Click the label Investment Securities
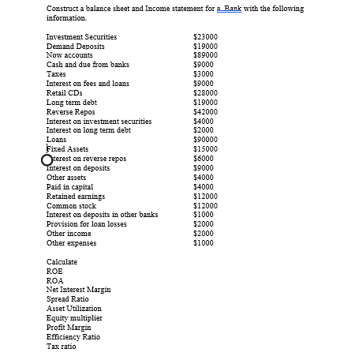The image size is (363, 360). tap(81, 37)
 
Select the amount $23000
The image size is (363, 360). tap(206, 37)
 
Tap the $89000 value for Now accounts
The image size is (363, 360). tap(206, 55)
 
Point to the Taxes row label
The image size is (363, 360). tap(56, 74)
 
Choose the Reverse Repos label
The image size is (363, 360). tap(71, 112)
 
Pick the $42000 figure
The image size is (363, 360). tap(206, 112)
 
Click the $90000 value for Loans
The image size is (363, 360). tap(206, 140)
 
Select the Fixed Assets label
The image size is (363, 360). tap(68, 149)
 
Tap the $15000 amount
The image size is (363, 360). tap(206, 149)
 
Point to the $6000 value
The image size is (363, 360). tap(204, 159)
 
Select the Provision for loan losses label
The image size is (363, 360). tap(87, 224)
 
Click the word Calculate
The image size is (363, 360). tap(62, 261)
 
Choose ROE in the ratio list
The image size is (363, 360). tap(54, 271)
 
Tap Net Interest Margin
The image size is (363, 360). tap(79, 290)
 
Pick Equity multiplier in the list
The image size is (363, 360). tap(74, 318)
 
